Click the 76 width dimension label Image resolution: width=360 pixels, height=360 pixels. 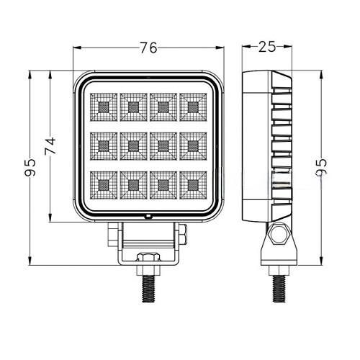148,48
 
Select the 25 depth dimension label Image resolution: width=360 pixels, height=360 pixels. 267,47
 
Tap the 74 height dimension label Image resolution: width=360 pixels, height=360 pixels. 50,145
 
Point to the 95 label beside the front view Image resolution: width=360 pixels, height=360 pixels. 30,167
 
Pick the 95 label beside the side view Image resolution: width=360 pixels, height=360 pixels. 321,166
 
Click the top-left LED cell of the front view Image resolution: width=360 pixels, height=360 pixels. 104,107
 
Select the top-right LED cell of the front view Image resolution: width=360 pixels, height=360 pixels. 193,107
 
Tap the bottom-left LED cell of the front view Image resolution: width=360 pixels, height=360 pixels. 104,185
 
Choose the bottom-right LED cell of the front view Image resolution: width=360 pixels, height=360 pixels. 193,185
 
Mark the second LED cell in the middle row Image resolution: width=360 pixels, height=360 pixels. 133,146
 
